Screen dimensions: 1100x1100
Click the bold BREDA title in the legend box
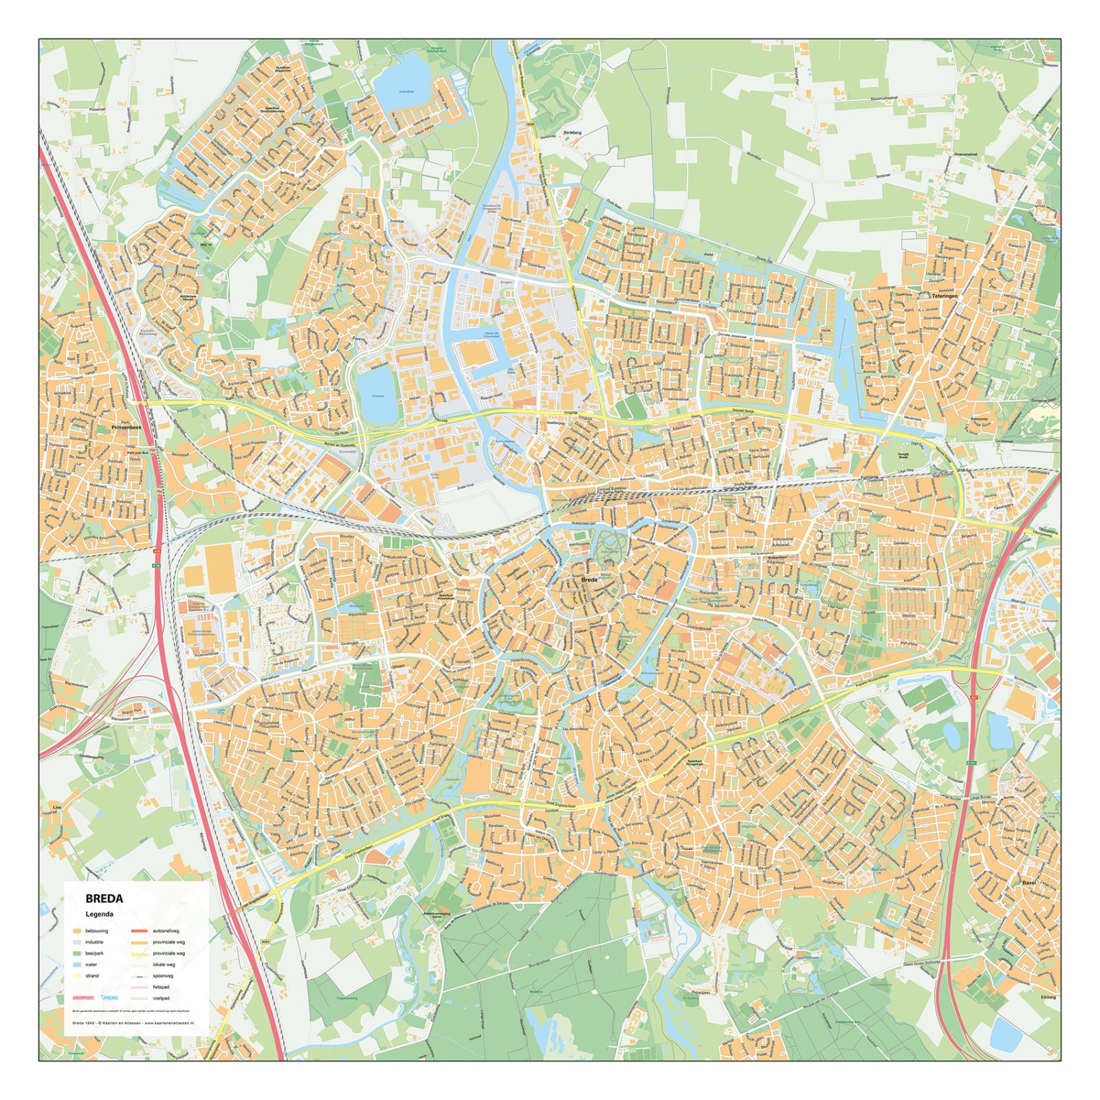104,899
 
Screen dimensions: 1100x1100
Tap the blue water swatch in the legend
77,965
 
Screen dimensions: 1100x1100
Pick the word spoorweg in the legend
163,976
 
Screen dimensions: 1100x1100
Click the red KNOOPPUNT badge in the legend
83,998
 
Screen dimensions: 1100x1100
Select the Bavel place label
1028,882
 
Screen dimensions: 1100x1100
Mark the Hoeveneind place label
965,155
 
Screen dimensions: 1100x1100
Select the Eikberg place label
1047,996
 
